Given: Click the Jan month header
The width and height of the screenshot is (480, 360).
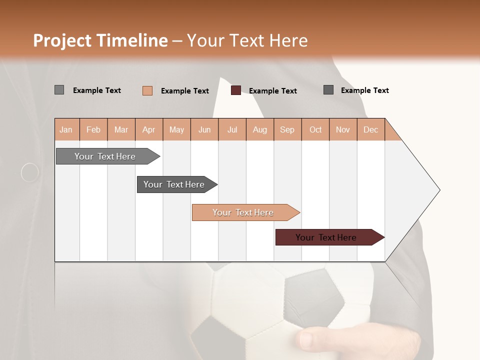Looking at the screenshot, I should click(x=66, y=129).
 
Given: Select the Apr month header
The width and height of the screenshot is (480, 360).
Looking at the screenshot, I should click(x=148, y=129).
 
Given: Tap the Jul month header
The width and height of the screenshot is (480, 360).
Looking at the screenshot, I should click(x=232, y=129).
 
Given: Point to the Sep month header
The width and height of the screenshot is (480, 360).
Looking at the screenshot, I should click(x=287, y=129).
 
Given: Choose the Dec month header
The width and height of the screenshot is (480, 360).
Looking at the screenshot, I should click(x=370, y=129).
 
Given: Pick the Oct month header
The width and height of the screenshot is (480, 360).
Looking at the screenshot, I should click(x=315, y=129).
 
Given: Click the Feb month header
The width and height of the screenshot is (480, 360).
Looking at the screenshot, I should click(x=93, y=129).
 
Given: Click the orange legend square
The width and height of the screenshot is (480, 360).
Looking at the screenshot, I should click(x=147, y=90).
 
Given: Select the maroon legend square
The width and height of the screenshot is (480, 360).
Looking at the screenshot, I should click(x=235, y=90).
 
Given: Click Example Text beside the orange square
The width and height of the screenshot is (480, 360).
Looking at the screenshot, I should click(x=184, y=91).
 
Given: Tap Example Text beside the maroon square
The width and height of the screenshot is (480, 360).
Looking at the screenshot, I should click(x=272, y=91).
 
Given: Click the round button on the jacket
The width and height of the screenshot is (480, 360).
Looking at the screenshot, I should click(x=30, y=172).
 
